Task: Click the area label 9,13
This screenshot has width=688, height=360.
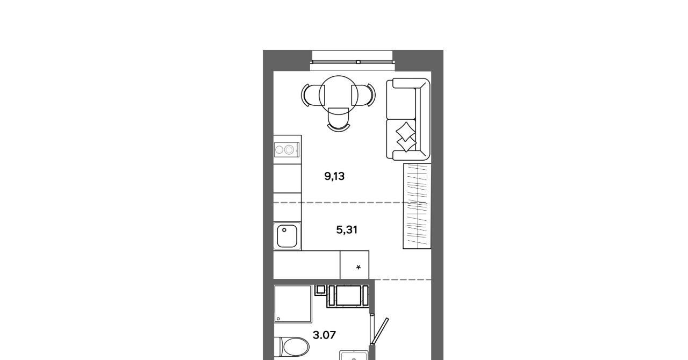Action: [x=334, y=176]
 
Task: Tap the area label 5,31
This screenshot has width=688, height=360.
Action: [x=347, y=230]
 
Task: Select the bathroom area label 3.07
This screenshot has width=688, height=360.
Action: [x=324, y=335]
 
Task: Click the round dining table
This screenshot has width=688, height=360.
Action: [x=339, y=95]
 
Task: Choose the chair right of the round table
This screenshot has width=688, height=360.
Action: [x=364, y=95]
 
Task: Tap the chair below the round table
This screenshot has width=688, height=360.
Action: [x=339, y=120]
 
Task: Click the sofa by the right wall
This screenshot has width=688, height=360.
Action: [x=408, y=119]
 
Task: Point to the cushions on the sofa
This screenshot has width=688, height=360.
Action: [x=406, y=137]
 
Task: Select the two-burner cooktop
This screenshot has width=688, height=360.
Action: [x=287, y=149]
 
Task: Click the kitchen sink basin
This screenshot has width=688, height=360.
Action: [x=287, y=236]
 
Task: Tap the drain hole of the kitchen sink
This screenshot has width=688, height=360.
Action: [x=284, y=230]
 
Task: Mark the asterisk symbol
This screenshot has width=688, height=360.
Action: [x=359, y=268]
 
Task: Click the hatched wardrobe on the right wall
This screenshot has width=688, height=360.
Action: [x=417, y=206]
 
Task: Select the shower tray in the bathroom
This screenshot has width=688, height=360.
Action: [x=293, y=304]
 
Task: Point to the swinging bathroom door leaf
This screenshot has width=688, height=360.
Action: [x=380, y=331]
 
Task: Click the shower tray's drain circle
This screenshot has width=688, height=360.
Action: [x=278, y=319]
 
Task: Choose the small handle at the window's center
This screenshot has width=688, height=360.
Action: [x=358, y=62]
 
